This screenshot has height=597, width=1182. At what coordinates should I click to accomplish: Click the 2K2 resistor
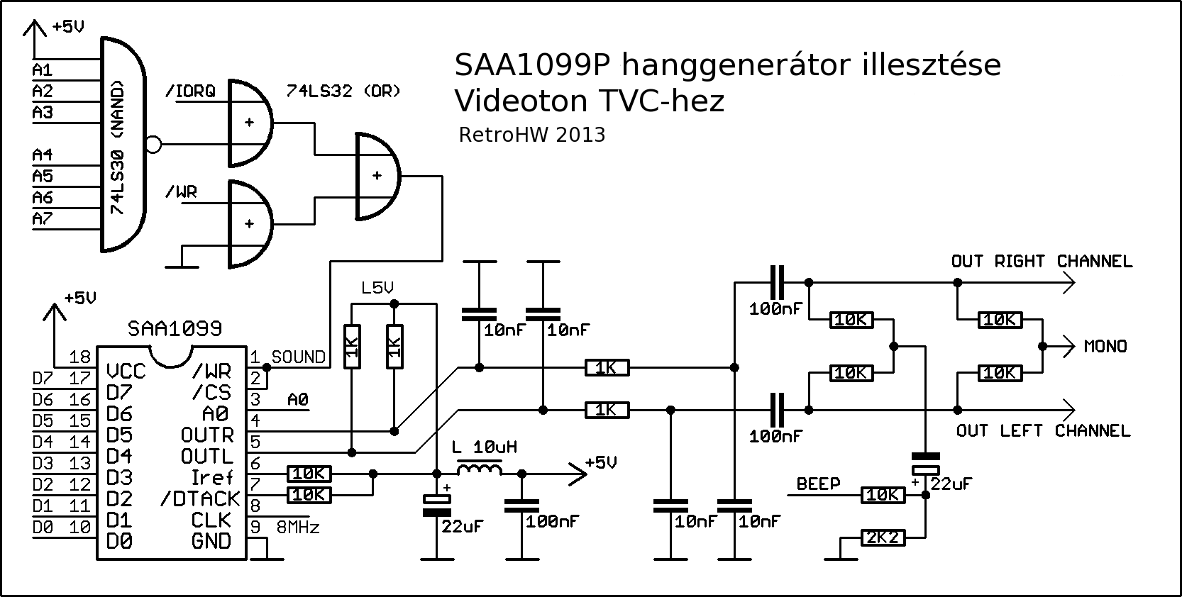click(x=883, y=538)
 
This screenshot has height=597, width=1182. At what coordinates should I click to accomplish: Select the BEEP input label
click(x=818, y=484)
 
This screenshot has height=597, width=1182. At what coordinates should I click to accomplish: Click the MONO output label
click(x=1105, y=347)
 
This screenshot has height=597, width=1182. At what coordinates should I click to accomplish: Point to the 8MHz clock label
click(x=298, y=528)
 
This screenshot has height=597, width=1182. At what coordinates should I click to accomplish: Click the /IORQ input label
click(x=189, y=91)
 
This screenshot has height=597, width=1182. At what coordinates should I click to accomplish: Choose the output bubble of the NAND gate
click(x=153, y=146)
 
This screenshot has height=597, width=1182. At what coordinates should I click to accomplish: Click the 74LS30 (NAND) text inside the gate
click(x=118, y=147)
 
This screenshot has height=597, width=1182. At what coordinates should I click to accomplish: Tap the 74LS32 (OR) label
click(x=343, y=91)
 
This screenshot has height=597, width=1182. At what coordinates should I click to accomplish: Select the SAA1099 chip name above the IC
click(x=175, y=329)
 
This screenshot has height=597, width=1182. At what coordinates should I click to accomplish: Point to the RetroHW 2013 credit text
click(x=532, y=135)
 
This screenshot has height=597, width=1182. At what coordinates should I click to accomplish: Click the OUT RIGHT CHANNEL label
click(x=1042, y=262)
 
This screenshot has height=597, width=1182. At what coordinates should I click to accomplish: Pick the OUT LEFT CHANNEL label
click(x=1043, y=431)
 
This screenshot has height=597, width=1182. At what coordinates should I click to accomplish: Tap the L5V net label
click(x=377, y=289)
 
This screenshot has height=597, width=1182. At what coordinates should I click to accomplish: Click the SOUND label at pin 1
click(x=298, y=357)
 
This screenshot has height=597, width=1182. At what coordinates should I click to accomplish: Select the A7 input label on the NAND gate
click(x=43, y=219)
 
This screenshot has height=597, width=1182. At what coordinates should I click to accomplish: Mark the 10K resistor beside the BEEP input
click(x=883, y=495)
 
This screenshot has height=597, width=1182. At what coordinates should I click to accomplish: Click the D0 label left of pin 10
click(x=43, y=528)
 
